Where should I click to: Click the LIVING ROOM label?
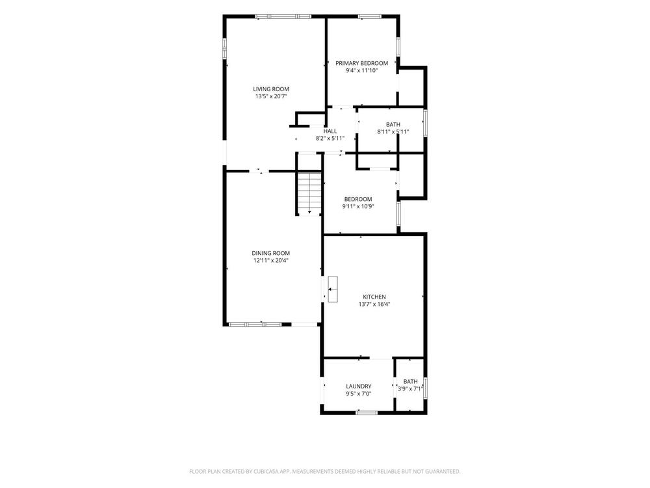click(x=271, y=89)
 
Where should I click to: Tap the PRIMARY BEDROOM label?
click(x=362, y=63)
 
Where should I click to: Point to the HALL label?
click(x=330, y=131)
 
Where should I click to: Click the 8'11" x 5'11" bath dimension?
click(x=393, y=132)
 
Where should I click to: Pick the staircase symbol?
click(x=309, y=194)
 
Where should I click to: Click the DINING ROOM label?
click(x=270, y=253)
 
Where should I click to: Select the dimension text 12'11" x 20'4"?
click(x=270, y=261)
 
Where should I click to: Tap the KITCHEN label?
click(x=374, y=297)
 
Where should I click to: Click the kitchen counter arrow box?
click(x=332, y=290)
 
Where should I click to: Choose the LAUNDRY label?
click(x=359, y=386)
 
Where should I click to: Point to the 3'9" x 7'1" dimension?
click(x=410, y=389)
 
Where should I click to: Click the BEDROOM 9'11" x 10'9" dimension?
click(x=358, y=206)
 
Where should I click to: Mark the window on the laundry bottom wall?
click(x=367, y=413)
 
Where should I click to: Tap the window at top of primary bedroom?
click(x=369, y=17)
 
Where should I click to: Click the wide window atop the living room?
click(x=283, y=17)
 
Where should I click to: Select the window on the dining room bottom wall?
click(x=255, y=324)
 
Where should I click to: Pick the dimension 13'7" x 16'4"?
click(x=374, y=304)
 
